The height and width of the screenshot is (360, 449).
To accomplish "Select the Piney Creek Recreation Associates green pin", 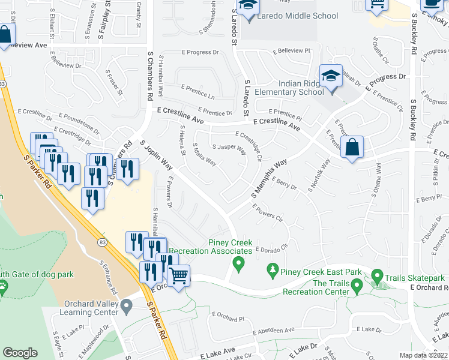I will click(239, 263).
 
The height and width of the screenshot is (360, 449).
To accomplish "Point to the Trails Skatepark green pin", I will click(377, 277).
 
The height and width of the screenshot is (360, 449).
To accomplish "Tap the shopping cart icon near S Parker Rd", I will click(179, 277).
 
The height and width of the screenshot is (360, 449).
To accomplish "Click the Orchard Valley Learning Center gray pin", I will click(126, 307).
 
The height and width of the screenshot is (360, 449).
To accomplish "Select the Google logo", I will click(20, 353).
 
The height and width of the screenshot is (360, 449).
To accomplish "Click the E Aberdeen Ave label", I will click(274, 331).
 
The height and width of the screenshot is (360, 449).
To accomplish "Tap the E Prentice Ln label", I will click(197, 92).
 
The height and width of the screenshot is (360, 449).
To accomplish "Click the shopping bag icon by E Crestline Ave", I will click(352, 147).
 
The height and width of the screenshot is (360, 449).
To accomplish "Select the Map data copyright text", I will click(423, 355).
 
